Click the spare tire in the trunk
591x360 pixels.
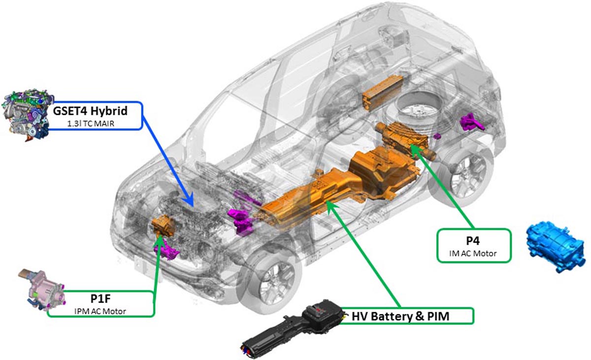414,111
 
